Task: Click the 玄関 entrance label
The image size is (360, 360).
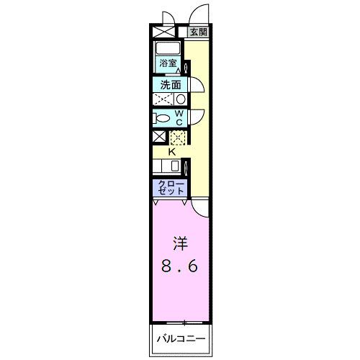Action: click(x=199, y=32)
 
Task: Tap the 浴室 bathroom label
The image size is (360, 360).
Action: click(x=168, y=64)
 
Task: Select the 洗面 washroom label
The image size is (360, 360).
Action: click(x=171, y=84)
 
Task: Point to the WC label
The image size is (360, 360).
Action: click(x=180, y=117)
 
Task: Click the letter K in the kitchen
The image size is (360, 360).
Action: click(x=173, y=151)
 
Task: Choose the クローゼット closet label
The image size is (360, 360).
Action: click(x=171, y=189)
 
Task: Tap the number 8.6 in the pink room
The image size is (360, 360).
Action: click(x=178, y=266)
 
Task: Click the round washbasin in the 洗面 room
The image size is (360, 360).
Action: click(x=181, y=99)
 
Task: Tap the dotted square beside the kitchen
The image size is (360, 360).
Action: click(x=177, y=137)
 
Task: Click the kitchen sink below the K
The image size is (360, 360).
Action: click(x=175, y=166)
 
